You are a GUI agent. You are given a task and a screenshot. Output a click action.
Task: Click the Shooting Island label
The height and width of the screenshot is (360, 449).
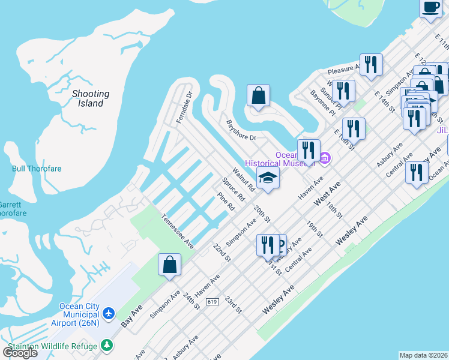click(x=91, y=98)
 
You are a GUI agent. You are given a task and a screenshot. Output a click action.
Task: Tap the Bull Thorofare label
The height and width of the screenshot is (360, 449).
click(x=35, y=169)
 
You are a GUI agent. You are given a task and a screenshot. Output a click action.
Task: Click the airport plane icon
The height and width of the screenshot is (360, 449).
click(x=109, y=313)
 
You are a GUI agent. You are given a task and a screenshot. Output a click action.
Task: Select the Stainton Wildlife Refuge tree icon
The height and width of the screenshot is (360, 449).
click(x=107, y=346)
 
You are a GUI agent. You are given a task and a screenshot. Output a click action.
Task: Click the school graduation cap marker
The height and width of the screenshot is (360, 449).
click(x=268, y=178)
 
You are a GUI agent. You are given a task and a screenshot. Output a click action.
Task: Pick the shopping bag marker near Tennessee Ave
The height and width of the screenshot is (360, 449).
click(x=169, y=264)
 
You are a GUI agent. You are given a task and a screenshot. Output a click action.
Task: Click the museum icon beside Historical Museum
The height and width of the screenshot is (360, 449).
click(x=325, y=158)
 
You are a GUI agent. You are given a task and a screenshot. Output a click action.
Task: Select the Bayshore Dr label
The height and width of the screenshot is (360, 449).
click(x=241, y=130)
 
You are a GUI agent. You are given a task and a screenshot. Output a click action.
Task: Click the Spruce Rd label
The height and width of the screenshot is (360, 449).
click(x=234, y=189)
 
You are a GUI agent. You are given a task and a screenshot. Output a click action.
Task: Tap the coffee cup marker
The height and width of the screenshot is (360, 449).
click(x=430, y=8)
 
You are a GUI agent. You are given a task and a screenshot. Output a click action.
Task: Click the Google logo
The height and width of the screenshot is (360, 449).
click(x=20, y=352)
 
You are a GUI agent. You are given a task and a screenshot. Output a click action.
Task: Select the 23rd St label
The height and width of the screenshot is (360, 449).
click(x=232, y=304)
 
